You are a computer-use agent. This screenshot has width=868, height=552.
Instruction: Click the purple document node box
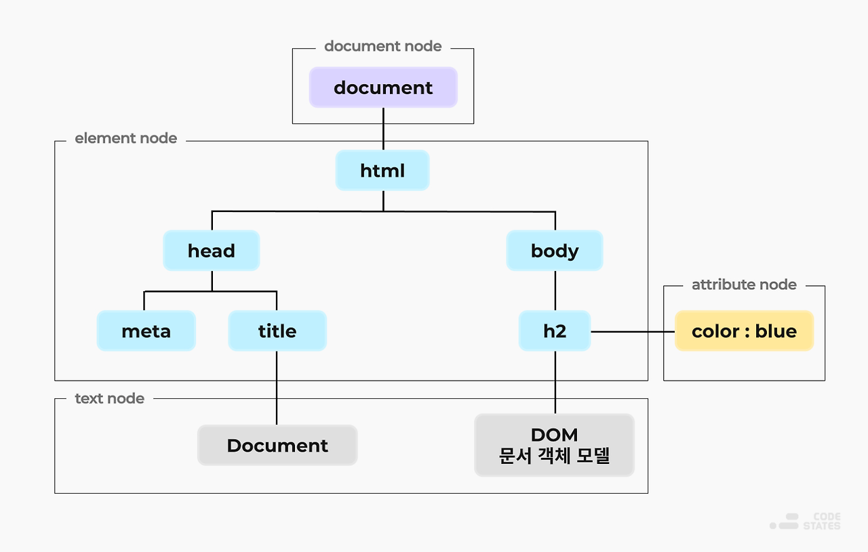pyautogui.click(x=383, y=87)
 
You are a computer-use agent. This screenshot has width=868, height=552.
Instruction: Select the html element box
pyautogui.click(x=382, y=170)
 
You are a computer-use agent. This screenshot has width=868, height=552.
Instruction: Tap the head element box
pyautogui.click(x=211, y=251)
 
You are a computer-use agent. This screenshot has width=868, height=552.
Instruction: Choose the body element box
pyautogui.click(x=554, y=251)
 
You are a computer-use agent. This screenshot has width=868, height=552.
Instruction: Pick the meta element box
pyautogui.click(x=146, y=331)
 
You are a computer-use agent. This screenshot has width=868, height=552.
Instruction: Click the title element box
pyautogui.click(x=277, y=331)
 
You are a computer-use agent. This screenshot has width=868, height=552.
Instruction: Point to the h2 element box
pyautogui.click(x=554, y=331)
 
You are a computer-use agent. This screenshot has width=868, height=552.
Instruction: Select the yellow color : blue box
pyautogui.click(x=744, y=331)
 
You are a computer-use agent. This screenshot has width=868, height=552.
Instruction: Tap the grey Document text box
pyautogui.click(x=277, y=445)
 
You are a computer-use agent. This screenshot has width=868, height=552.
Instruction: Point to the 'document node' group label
pyautogui.click(x=382, y=46)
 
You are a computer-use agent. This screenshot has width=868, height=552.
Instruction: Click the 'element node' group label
pyautogui.click(x=125, y=138)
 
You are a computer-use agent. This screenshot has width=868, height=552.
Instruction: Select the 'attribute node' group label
pyautogui.click(x=744, y=284)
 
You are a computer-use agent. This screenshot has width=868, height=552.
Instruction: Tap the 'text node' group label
pyautogui.click(x=109, y=398)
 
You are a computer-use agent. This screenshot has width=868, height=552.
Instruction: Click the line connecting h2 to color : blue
pyautogui.click(x=632, y=331)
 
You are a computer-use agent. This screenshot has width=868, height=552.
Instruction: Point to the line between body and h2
pyautogui.click(x=555, y=291)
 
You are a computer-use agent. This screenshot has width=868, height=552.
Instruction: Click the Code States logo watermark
pyautogui.click(x=806, y=521)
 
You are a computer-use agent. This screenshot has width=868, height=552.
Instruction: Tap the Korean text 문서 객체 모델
pyautogui.click(x=554, y=456)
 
